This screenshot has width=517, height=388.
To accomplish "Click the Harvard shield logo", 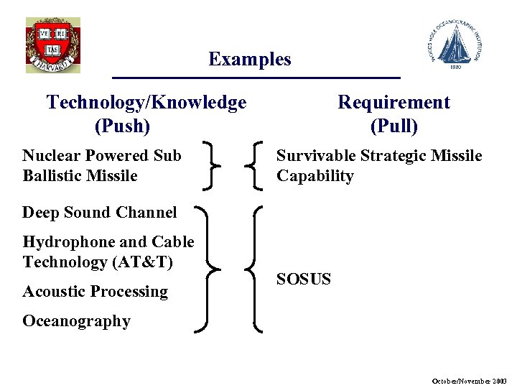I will click(x=52, y=45).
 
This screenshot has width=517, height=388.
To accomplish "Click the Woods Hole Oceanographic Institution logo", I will click(x=457, y=45).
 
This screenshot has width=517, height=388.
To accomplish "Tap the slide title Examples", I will click(x=250, y=59).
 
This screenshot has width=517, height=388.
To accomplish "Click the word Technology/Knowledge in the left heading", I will click(x=146, y=103).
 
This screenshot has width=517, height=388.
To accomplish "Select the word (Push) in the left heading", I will click(x=123, y=126).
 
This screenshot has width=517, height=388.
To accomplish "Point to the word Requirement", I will click(x=393, y=103).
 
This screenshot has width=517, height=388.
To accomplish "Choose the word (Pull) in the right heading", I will click(x=393, y=126).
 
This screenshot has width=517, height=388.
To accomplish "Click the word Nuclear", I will click(x=51, y=155).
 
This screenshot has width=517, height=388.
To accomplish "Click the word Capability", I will click(x=315, y=176).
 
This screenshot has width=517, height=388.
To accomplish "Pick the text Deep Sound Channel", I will click(x=99, y=213).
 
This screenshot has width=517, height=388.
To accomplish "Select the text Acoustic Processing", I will click(x=95, y=292).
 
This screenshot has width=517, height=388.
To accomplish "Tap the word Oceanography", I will click(x=76, y=321).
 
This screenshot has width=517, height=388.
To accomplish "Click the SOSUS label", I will click(x=304, y=279).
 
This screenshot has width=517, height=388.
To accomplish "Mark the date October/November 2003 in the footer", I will click(x=470, y=379).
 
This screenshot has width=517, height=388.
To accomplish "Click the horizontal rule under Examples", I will click(x=256, y=77).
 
